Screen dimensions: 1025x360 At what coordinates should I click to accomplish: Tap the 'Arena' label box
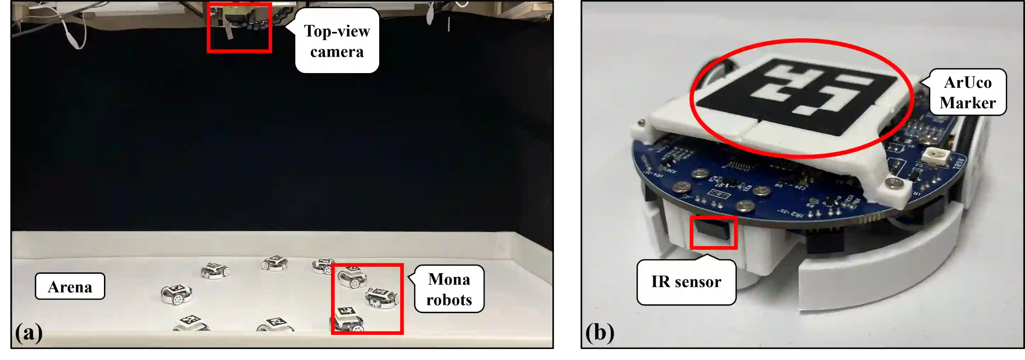click(70, 287)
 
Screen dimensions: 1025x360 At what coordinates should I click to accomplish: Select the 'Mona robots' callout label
click(449, 289)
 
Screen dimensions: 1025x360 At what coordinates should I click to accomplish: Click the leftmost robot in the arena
click(177, 294)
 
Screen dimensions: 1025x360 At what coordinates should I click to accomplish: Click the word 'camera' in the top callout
click(337, 52)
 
